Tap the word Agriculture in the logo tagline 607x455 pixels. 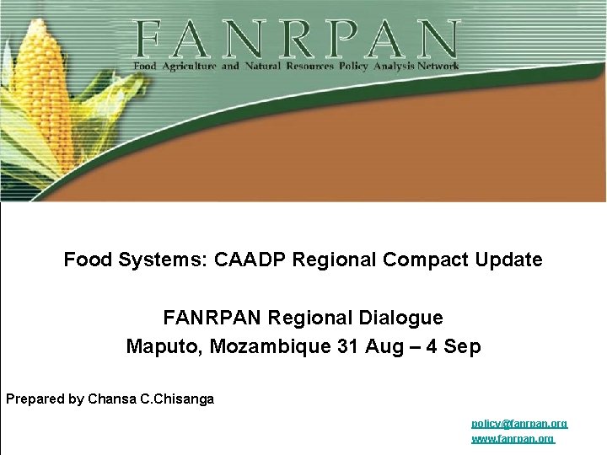point(189,66)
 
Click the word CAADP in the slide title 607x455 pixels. point(250,260)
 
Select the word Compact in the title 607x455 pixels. point(417,260)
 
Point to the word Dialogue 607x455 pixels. point(401,318)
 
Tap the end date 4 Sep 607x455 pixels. point(454,346)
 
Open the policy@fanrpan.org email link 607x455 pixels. point(518,423)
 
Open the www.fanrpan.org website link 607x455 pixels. point(512,439)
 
